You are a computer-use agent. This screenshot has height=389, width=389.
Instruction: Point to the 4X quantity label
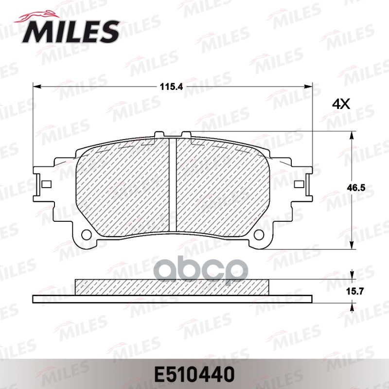coord(341,104)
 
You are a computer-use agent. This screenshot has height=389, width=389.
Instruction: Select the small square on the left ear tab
coord(46,184)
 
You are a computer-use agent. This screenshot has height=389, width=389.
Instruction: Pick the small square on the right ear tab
coord(299,184)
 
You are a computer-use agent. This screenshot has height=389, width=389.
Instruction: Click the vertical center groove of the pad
coord(172,185)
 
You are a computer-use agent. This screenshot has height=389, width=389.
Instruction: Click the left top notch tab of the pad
coord(159,134)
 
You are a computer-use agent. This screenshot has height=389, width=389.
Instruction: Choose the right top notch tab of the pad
coord(186,134)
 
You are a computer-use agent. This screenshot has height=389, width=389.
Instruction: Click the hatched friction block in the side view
coord(172,286)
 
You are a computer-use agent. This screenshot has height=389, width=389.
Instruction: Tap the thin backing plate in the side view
coord(172,297)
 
